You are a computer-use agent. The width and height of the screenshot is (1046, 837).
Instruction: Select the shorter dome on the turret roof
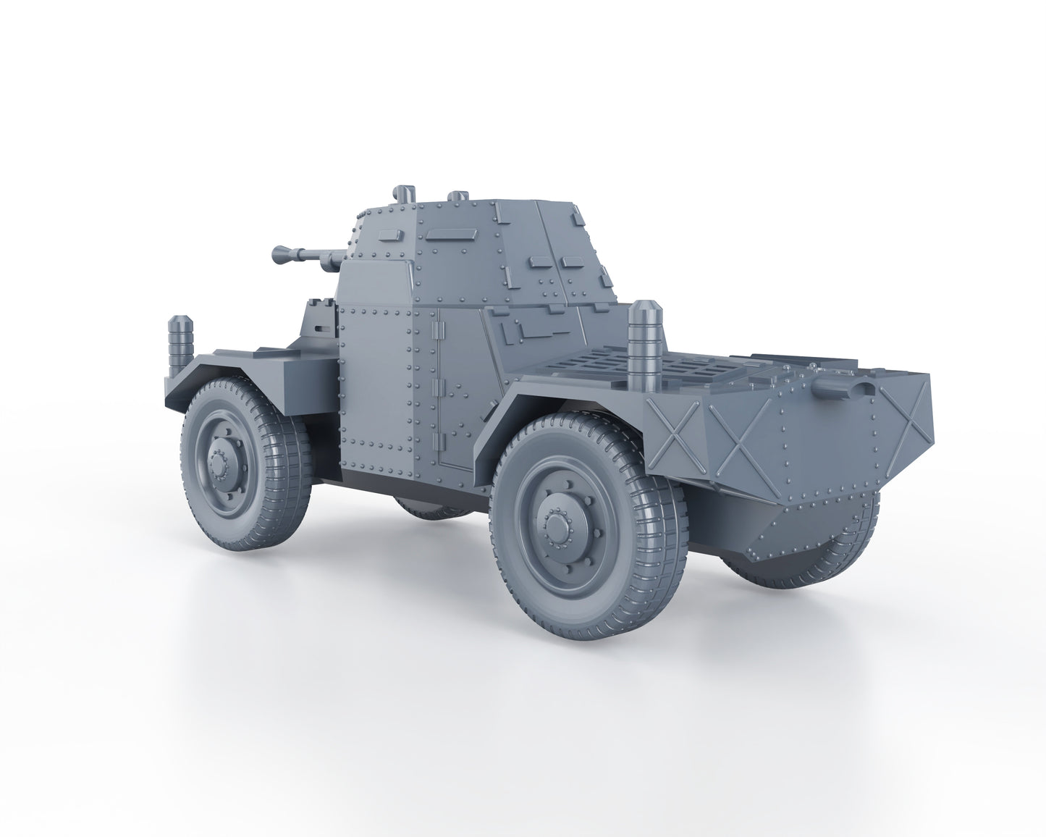pos(458,196)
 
